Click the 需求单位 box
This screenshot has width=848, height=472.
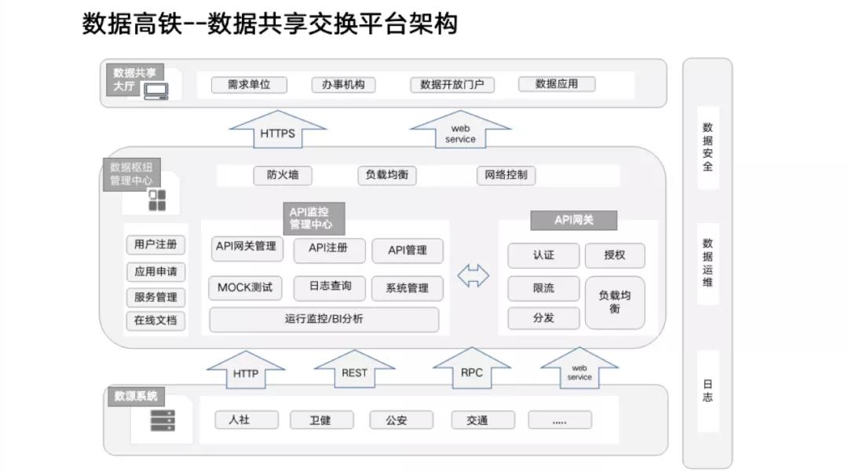249,85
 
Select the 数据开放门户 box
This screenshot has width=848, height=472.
452,85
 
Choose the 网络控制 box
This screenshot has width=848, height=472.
506,176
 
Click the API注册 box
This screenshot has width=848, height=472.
327,250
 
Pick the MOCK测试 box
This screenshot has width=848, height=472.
245,288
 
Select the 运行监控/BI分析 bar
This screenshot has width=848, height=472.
323,320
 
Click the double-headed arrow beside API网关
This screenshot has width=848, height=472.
473,276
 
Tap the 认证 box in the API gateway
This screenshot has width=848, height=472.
543,255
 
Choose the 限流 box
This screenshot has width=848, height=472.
543,288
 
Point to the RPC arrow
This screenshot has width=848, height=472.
472,370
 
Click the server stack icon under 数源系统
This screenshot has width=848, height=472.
163,420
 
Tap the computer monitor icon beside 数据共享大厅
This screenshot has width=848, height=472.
155,91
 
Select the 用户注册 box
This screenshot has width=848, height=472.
155,245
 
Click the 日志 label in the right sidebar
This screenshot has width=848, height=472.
707,391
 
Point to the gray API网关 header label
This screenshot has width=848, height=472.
574,221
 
